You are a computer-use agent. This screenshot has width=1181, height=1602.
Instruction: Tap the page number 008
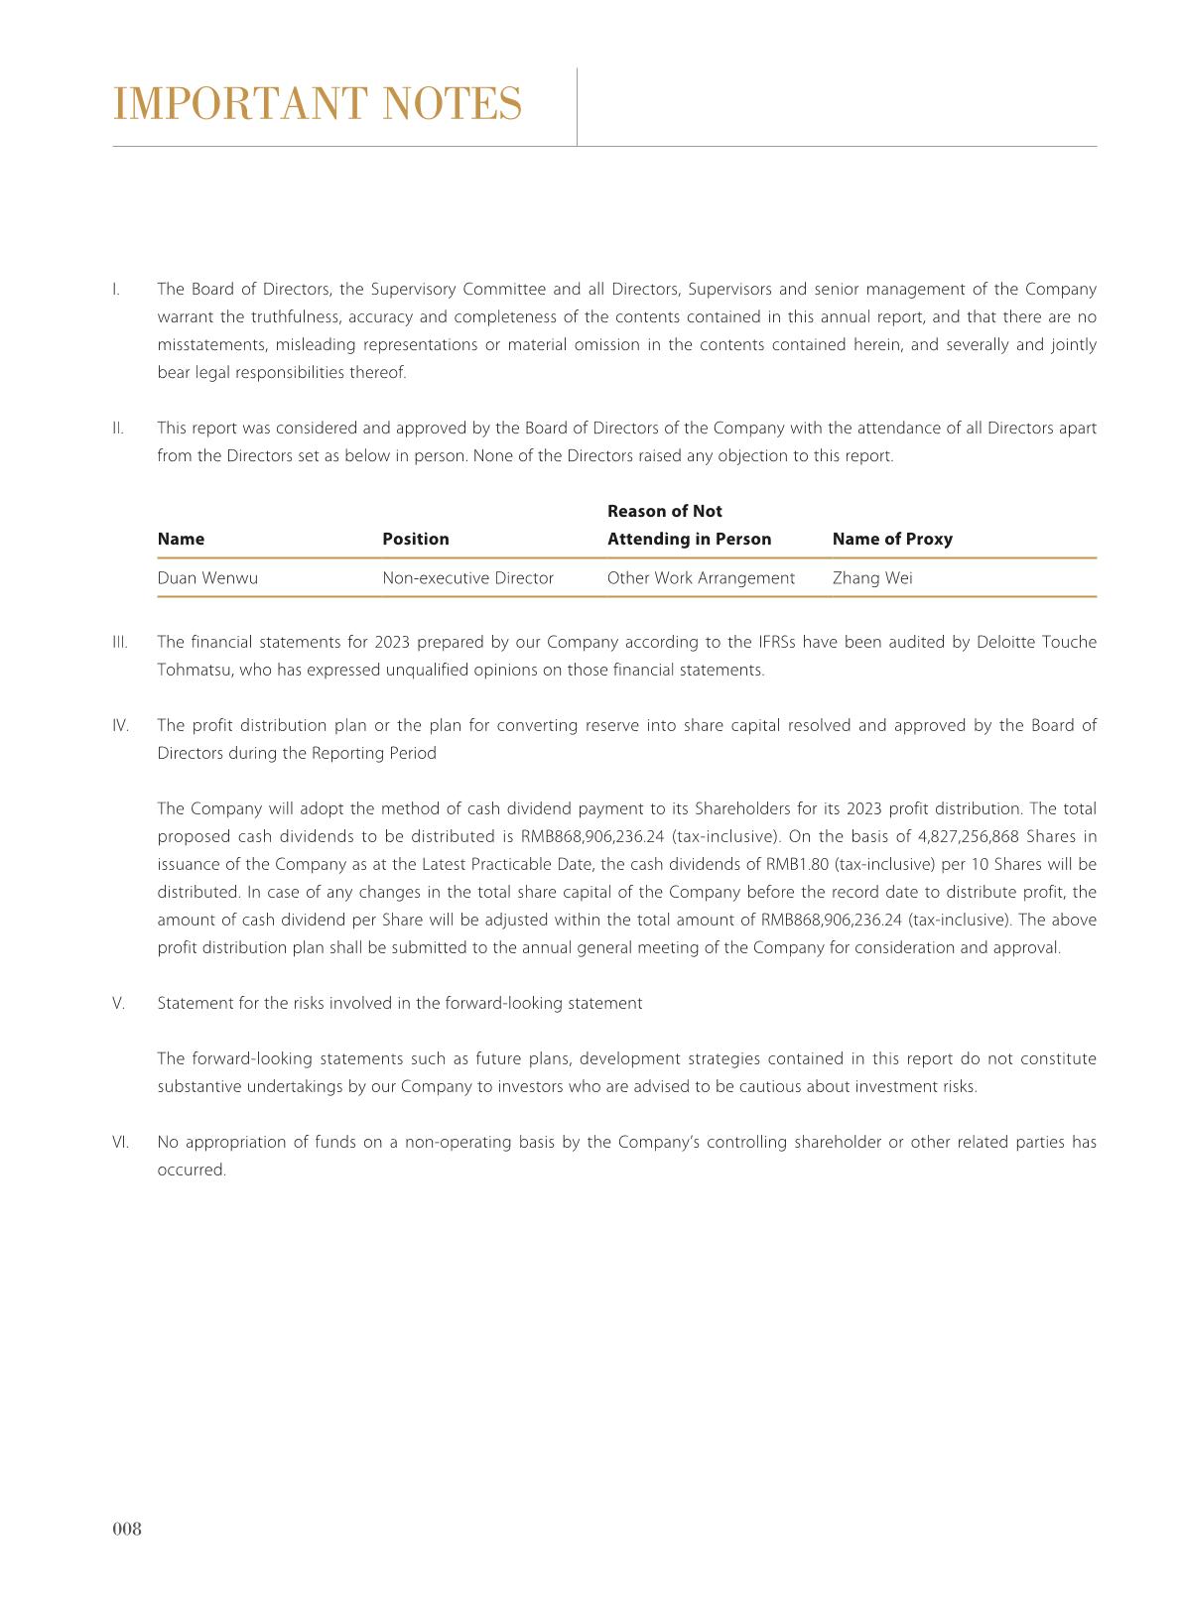pyautogui.click(x=127, y=1529)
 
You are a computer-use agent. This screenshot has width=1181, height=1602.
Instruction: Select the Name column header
pyautogui.click(x=181, y=539)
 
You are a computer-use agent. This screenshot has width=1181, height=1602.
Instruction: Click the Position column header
pyautogui.click(x=416, y=539)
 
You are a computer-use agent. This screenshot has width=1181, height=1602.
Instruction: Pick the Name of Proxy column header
pyautogui.click(x=892, y=539)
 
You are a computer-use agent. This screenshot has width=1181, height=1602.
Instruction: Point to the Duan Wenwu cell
pyautogui.click(x=207, y=578)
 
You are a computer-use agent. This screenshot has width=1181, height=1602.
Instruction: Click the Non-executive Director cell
pyautogui.click(x=467, y=578)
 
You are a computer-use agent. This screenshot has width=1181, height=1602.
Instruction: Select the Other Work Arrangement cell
pyautogui.click(x=701, y=578)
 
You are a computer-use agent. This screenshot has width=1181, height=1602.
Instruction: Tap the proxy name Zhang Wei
pyautogui.click(x=872, y=578)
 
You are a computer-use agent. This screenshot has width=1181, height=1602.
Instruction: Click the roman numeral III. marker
pyautogui.click(x=120, y=642)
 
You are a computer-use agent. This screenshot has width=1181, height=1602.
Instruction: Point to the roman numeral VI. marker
pyautogui.click(x=120, y=1142)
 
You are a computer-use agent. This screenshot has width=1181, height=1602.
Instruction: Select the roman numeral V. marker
pyautogui.click(x=119, y=1003)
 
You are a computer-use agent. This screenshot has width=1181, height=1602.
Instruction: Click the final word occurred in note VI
pyautogui.click(x=192, y=1170)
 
